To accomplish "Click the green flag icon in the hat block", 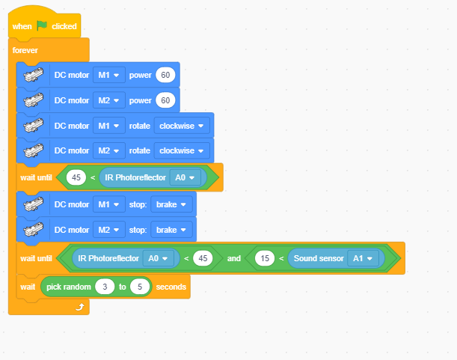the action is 42,25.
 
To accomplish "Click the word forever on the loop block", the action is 25,50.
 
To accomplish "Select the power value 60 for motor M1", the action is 165,75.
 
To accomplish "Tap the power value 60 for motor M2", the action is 165,100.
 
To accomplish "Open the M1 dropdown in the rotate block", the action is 109,126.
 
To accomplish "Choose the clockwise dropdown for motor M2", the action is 182,150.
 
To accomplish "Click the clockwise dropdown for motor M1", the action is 182,126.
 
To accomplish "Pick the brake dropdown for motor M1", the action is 171,204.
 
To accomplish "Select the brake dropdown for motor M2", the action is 171,230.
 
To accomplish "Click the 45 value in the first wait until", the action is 76,177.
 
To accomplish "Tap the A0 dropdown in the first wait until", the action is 185,177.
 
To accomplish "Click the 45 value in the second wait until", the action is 203,258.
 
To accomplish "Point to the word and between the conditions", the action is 234,258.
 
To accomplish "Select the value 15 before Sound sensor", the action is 265,258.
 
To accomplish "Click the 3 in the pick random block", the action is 105,287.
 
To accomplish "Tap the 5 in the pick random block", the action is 140,287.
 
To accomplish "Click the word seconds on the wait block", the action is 171,287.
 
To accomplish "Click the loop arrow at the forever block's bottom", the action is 80,307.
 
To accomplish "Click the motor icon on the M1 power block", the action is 34,75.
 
